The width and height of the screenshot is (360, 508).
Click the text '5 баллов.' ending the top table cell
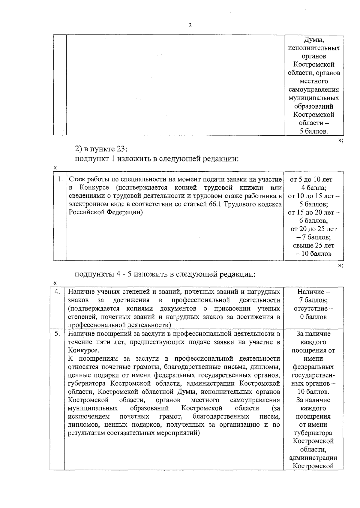tap(313, 131)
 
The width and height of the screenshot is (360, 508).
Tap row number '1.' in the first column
tap(60, 179)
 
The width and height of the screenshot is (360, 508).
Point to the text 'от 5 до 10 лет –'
tap(313, 179)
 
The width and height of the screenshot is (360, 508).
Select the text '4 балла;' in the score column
tap(313, 188)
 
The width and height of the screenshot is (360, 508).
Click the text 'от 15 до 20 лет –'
tap(313, 213)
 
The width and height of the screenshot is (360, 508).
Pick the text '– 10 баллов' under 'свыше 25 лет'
tap(313, 254)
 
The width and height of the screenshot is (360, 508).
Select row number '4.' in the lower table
tap(57, 292)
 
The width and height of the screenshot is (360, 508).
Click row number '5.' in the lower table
tap(57, 334)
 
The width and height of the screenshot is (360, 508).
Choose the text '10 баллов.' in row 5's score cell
tap(313, 392)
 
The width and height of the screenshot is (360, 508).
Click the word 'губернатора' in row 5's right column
tap(313, 433)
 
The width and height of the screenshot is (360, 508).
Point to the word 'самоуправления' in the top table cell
tap(313, 89)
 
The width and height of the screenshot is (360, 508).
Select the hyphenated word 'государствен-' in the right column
tap(313, 375)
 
